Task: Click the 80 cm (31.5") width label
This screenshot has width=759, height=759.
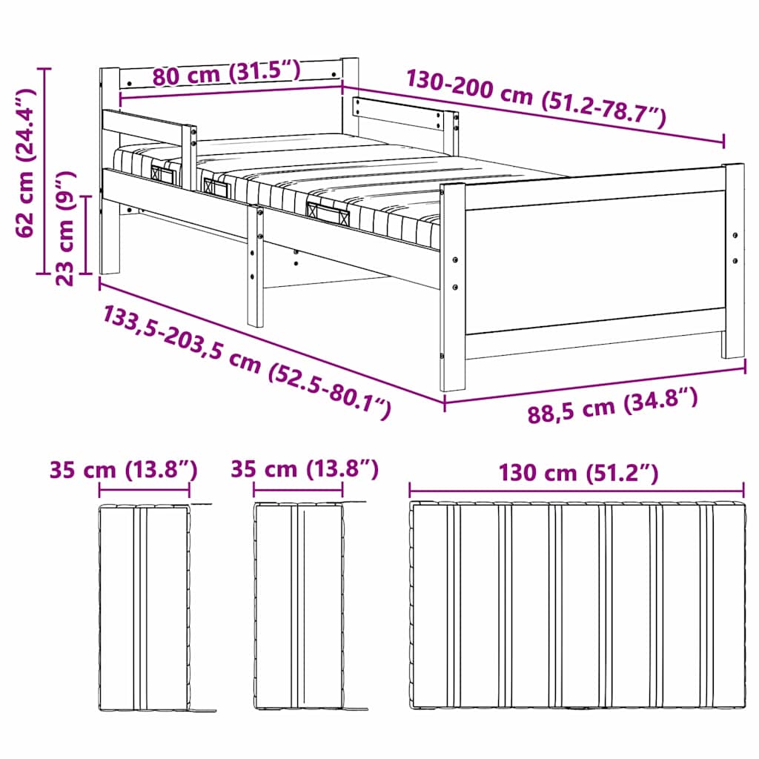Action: tap(226, 73)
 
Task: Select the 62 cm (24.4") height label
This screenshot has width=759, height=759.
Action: tap(26, 162)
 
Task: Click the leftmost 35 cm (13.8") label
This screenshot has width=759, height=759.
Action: tap(124, 470)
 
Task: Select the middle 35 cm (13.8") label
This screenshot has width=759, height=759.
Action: tap(305, 469)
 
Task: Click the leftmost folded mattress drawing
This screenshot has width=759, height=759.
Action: tap(145, 608)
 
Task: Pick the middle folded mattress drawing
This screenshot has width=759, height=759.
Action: tap(299, 606)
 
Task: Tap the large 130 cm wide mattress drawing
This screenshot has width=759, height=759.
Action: tap(577, 606)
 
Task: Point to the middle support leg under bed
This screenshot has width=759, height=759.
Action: tap(255, 267)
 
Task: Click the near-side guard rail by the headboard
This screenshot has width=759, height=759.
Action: tap(148, 127)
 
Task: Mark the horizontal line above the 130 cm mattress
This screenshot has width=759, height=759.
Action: tap(577, 490)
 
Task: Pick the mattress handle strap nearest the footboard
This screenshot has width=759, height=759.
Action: tap(328, 213)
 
